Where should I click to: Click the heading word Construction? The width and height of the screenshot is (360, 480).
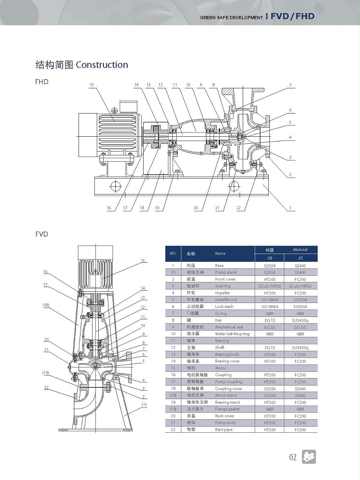click(x=102, y=65)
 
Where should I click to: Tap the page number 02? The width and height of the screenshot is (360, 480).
click(x=293, y=457)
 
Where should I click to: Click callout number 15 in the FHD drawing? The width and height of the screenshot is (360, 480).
click(x=92, y=84)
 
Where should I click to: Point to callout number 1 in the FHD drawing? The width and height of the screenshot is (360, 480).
click(x=290, y=208)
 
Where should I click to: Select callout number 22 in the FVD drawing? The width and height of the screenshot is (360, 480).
click(x=46, y=387)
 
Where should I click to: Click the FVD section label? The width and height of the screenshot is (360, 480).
click(x=41, y=234)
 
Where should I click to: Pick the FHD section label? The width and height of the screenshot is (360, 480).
click(x=41, y=82)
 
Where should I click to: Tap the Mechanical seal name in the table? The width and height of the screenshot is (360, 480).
click(x=229, y=327)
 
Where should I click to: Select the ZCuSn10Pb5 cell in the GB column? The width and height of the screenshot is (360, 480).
click(x=269, y=286)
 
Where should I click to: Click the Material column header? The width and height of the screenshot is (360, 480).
click(x=300, y=250)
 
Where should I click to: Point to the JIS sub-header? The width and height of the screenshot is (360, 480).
click(x=300, y=258)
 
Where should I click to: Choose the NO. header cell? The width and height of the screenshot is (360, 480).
click(x=173, y=254)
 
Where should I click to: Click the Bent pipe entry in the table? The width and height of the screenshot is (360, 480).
click(x=224, y=430)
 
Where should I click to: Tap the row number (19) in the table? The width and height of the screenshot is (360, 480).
click(x=173, y=409)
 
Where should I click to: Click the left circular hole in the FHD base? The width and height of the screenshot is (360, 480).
click(x=115, y=186)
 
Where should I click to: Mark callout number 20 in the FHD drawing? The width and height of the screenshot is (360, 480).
click(x=196, y=208)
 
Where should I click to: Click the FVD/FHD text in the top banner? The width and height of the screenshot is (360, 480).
click(x=292, y=17)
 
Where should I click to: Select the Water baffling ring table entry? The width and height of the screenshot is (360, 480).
click(x=232, y=334)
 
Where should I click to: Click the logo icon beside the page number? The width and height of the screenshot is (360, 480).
click(x=309, y=457)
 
